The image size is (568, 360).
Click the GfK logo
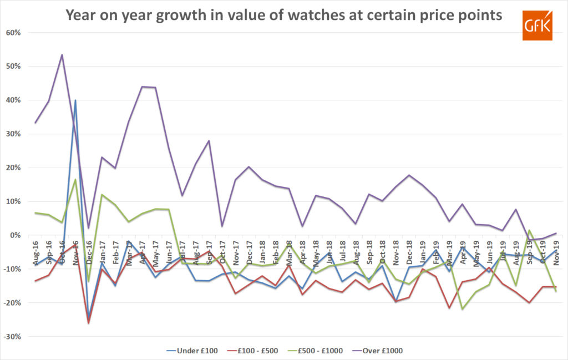537,25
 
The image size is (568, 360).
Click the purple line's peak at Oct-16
62,54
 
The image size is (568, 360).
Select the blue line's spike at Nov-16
75,100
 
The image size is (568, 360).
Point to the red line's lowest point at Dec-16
88,323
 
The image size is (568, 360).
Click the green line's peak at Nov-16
75,179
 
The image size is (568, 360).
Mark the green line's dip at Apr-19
463,309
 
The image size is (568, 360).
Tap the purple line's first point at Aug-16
35,123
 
